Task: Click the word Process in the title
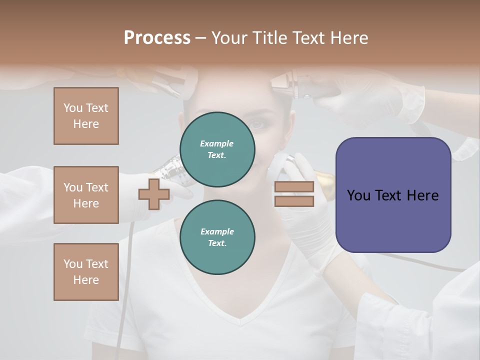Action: point(157,38)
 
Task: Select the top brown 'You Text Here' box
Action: point(86,116)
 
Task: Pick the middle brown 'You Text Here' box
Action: point(86,195)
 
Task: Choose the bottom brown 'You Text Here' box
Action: point(86,271)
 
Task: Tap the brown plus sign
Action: point(153,194)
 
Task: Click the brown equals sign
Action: point(294,194)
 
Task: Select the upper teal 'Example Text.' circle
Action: point(217,149)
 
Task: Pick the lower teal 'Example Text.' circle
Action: point(217,237)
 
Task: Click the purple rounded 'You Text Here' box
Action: point(393,195)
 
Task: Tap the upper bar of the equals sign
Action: point(294,187)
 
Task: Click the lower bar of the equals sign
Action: point(294,201)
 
